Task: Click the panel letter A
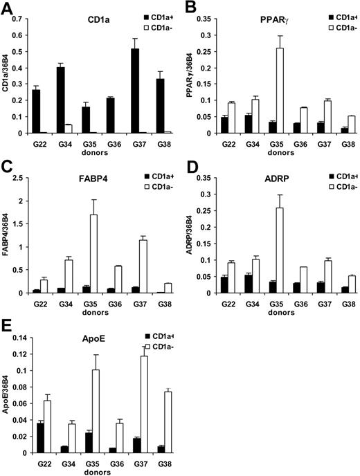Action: (x=8, y=8)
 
